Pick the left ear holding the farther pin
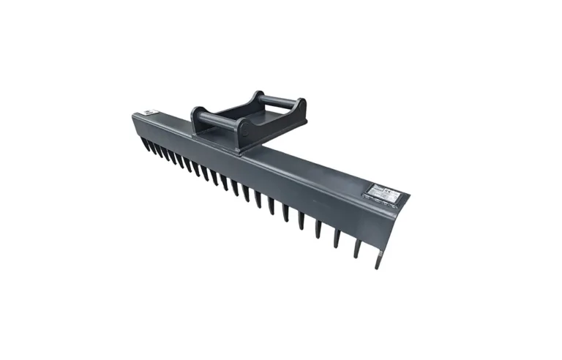(256, 97)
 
